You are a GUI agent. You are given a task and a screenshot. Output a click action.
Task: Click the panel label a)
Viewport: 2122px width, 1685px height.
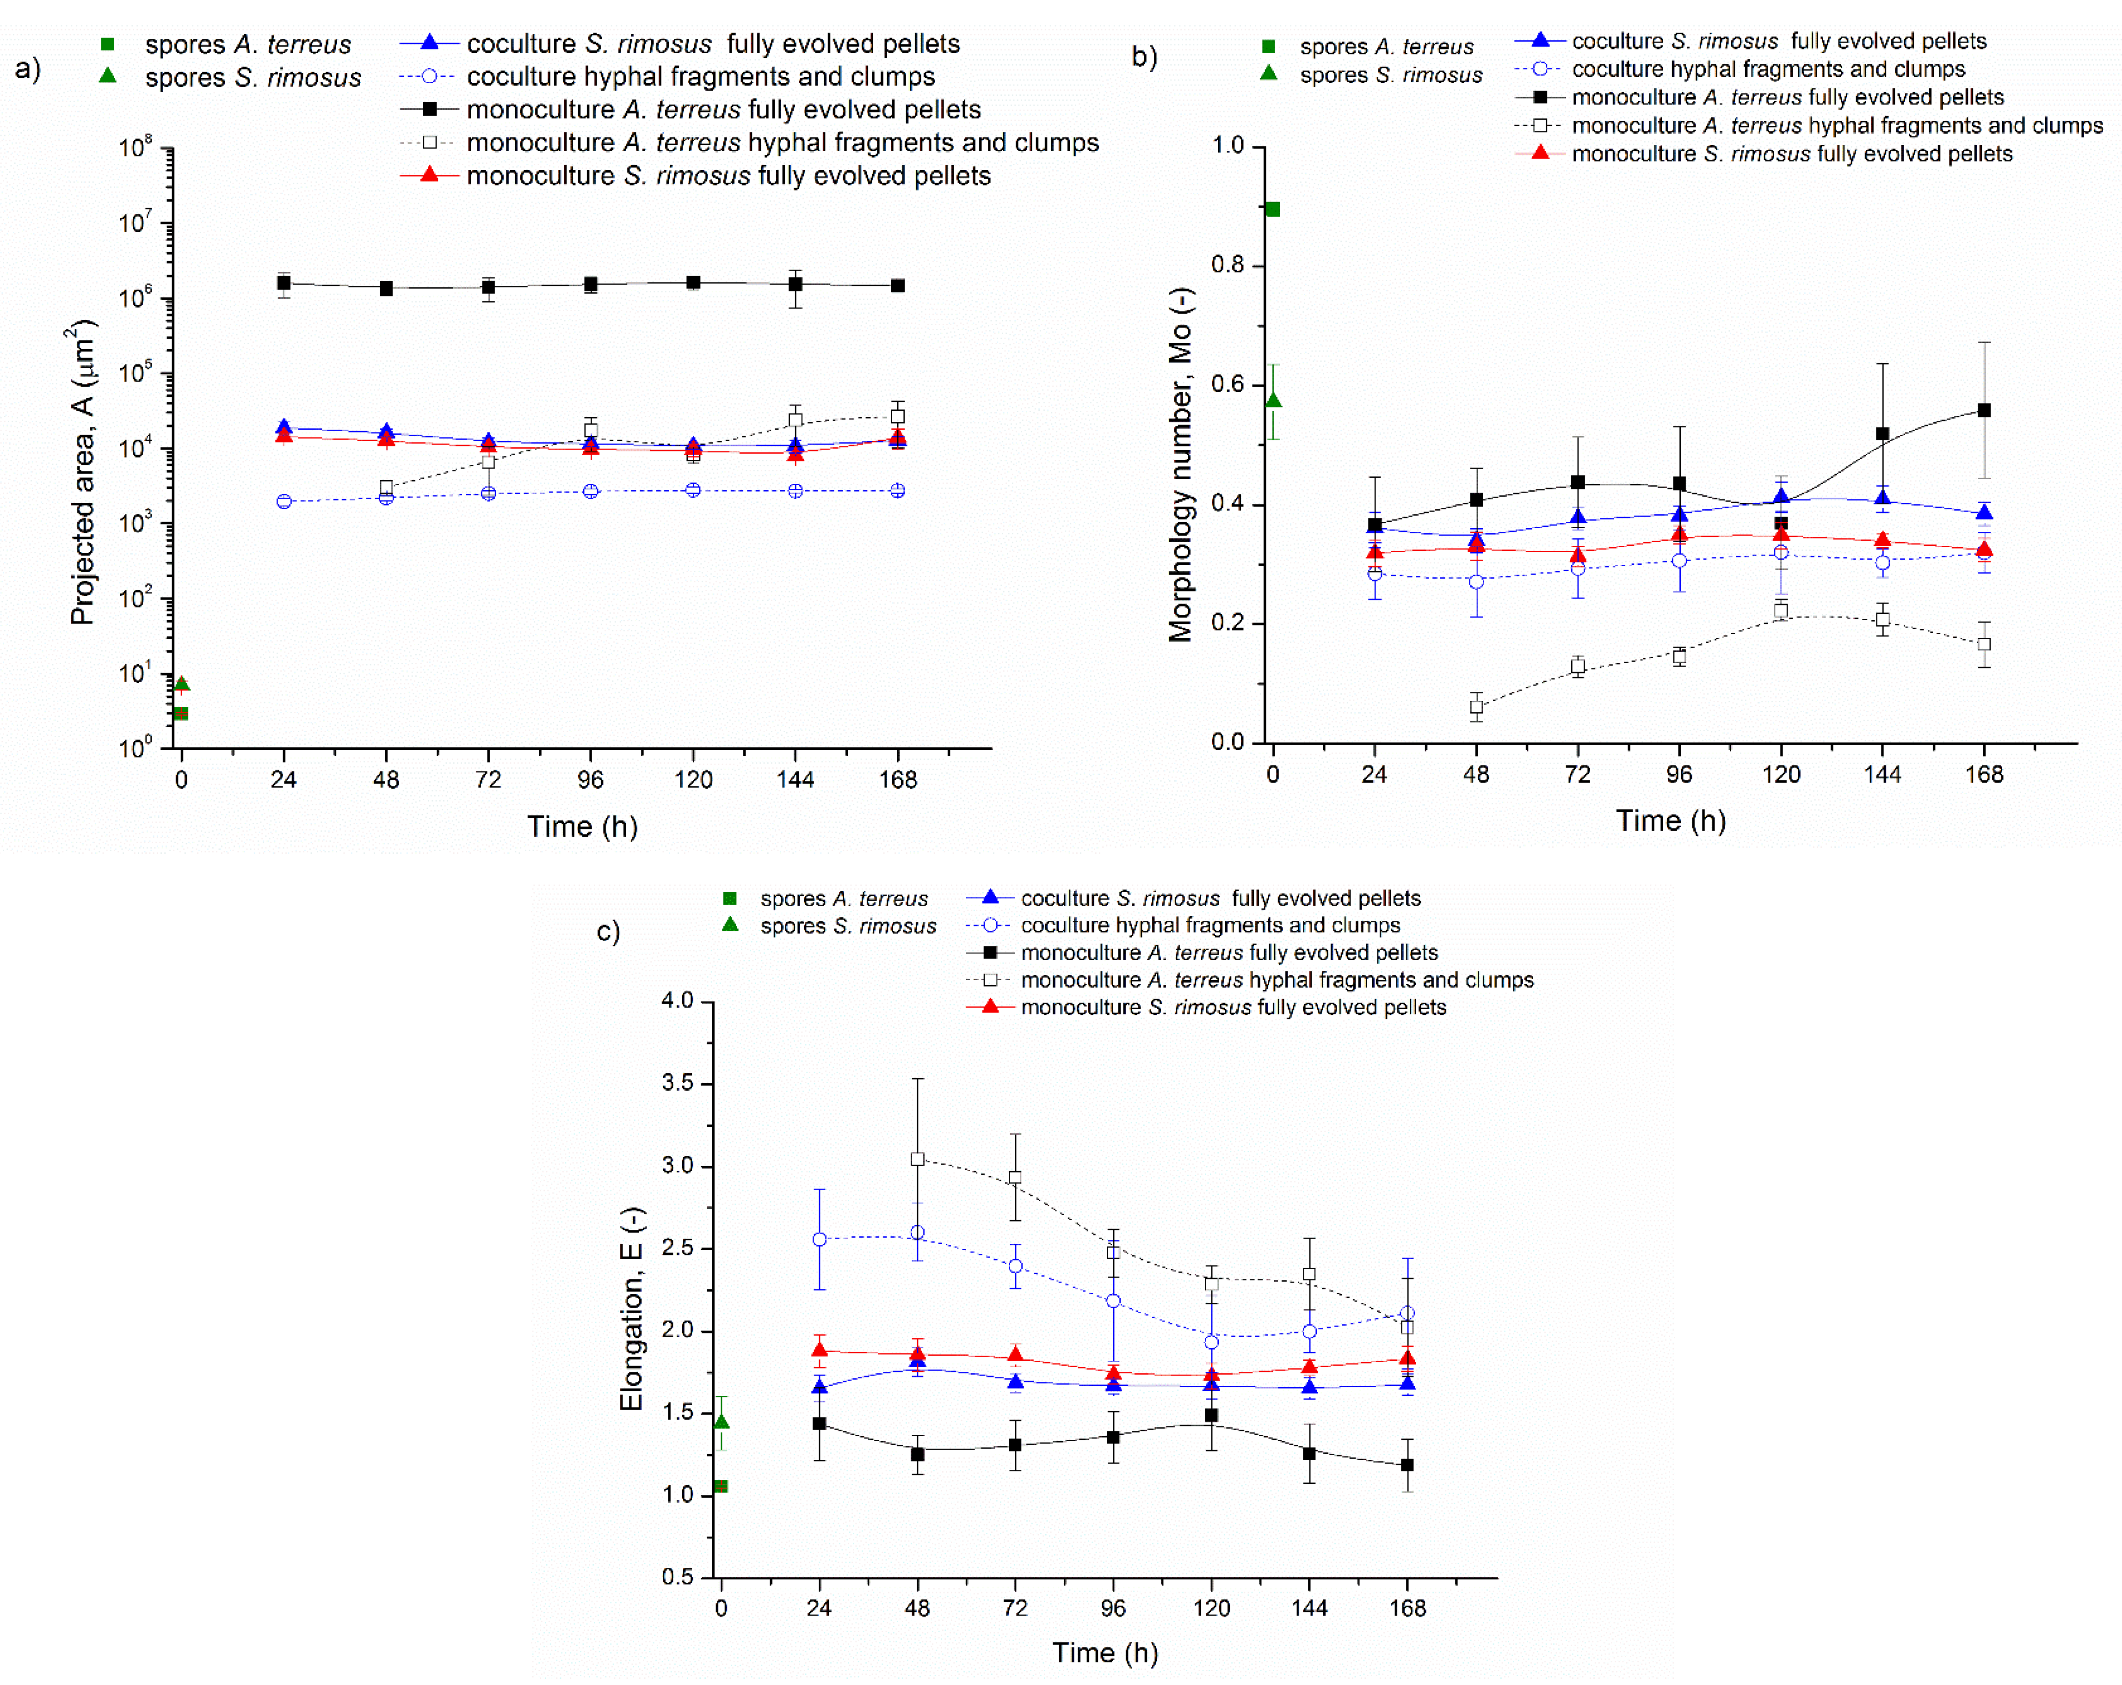[x=28, y=69]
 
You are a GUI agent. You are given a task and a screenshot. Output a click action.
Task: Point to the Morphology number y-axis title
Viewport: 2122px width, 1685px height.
[x=1180, y=464]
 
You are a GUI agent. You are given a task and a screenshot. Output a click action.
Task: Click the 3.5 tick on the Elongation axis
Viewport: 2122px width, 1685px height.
[x=677, y=1083]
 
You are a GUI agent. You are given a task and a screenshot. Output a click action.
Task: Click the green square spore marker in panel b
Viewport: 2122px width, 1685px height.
[x=1273, y=209]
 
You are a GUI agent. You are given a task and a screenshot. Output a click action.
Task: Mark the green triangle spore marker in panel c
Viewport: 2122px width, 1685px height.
[x=722, y=1421]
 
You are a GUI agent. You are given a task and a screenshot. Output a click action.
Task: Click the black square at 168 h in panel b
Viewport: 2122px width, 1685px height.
[x=1984, y=410]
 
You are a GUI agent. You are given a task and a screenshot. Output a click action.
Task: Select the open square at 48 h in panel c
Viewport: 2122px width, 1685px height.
[x=917, y=1160]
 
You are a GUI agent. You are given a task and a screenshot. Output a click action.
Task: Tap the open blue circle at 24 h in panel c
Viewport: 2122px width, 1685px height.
[x=819, y=1239]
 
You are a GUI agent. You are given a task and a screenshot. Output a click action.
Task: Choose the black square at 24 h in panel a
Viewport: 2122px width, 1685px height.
[x=284, y=284]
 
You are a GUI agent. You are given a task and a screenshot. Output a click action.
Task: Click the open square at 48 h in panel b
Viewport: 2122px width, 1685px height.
[x=1476, y=707]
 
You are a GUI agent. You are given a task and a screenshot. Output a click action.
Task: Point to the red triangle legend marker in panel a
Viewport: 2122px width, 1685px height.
[x=429, y=175]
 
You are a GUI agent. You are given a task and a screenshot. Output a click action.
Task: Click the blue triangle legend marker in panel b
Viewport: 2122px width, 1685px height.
[x=1541, y=40]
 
